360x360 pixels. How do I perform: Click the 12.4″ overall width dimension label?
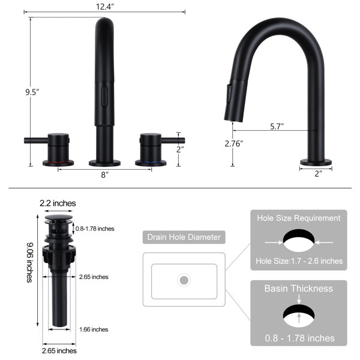(x=104, y=7)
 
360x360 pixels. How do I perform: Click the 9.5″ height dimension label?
(x=32, y=92)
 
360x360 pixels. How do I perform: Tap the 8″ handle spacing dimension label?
(x=104, y=175)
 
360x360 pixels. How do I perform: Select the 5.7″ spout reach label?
(x=277, y=126)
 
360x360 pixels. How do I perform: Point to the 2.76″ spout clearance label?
(x=234, y=144)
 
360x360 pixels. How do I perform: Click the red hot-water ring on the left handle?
(x=58, y=163)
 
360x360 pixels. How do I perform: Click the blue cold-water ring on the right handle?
(x=151, y=163)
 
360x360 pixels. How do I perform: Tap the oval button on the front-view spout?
(x=104, y=97)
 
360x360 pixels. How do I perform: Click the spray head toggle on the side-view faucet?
(x=229, y=94)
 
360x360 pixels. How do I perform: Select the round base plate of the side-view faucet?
(x=316, y=163)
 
